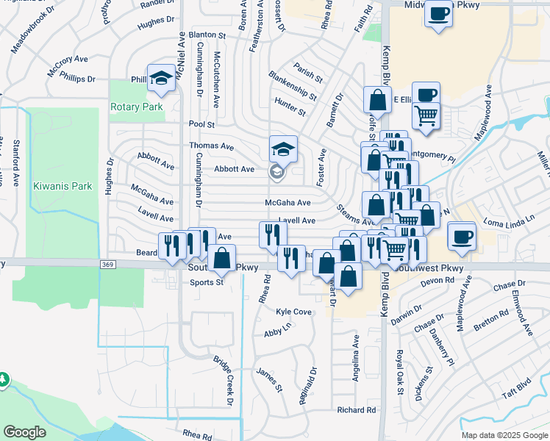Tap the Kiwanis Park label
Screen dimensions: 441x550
63,186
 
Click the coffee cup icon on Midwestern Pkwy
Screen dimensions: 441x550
439,13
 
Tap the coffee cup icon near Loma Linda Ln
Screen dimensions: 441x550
461,237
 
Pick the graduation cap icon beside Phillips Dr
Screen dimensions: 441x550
160,77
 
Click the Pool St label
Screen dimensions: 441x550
201,125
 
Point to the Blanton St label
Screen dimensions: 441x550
207,35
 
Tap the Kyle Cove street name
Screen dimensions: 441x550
294,312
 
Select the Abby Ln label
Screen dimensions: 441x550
277,333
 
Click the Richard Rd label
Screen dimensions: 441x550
356,410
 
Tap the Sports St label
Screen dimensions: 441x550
206,282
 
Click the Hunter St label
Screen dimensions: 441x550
289,107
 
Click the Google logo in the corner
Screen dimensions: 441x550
24,432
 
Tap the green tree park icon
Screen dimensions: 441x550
4,379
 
